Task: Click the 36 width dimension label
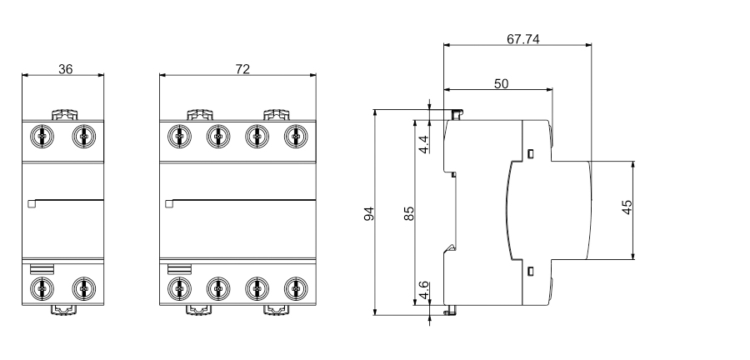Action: click(x=65, y=68)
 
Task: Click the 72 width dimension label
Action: click(x=242, y=68)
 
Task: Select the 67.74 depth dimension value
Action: click(x=522, y=39)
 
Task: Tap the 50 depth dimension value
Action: click(x=502, y=83)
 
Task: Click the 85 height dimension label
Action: click(x=409, y=212)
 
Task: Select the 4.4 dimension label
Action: click(x=424, y=143)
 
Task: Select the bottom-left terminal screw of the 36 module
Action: click(x=42, y=288)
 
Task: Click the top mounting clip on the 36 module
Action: click(x=64, y=114)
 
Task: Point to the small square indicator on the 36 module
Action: click(x=32, y=202)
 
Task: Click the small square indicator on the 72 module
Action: click(x=169, y=202)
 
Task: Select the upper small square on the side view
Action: click(x=530, y=152)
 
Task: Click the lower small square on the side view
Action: click(x=530, y=270)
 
